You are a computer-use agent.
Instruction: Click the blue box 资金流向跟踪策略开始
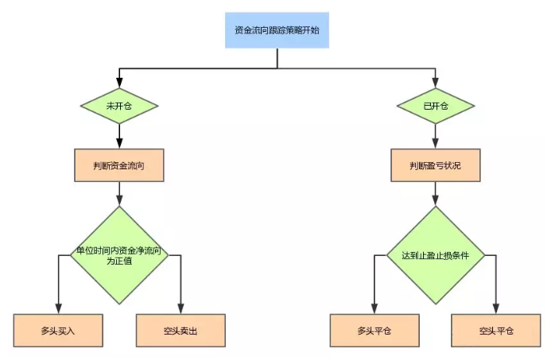[277, 30]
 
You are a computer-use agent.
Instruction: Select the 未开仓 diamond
[119, 105]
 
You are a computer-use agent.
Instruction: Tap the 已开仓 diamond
[435, 105]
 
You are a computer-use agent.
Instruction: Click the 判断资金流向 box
[119, 165]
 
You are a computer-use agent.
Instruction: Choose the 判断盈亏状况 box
[435, 165]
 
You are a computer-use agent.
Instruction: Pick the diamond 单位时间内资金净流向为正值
[119, 255]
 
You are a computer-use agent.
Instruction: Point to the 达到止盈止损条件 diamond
[435, 255]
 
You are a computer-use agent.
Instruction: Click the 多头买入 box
[59, 330]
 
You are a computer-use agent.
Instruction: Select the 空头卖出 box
[181, 330]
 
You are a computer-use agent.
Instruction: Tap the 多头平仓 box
[375, 330]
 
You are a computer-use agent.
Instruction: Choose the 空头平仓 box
[497, 330]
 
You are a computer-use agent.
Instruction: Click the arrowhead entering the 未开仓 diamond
[119, 82]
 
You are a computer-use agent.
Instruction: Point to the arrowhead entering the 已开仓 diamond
[435, 82]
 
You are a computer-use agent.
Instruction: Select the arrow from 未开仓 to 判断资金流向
[119, 136]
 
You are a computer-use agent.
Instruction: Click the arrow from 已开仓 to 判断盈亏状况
[435, 136]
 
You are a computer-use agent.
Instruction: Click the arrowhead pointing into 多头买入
[59, 309]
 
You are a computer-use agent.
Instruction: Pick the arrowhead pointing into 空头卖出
[181, 309]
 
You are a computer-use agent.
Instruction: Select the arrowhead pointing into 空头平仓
[497, 309]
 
